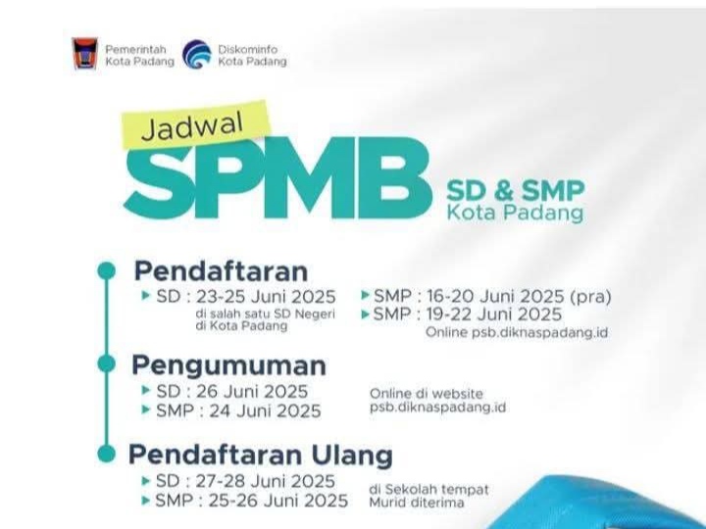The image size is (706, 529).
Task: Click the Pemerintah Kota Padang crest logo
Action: coord(85,54)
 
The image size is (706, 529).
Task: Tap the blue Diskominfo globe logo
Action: coord(197,55)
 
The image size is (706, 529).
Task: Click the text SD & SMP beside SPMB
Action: coord(515,191)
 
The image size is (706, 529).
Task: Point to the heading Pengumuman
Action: coord(228,365)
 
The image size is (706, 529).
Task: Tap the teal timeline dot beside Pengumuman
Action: coord(107,363)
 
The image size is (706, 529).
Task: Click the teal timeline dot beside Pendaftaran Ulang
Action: coord(107,453)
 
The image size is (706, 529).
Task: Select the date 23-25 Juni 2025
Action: coord(266,297)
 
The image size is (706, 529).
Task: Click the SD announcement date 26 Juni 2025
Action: coord(252,391)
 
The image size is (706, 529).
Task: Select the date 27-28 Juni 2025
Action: coord(265,481)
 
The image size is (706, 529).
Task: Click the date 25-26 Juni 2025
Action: coord(278,501)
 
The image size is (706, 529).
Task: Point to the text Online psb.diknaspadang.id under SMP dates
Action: coord(517,333)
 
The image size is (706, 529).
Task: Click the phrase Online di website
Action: coord(426,394)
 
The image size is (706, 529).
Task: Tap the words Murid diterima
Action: coord(417,502)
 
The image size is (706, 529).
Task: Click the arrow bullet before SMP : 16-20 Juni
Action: coord(365,296)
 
